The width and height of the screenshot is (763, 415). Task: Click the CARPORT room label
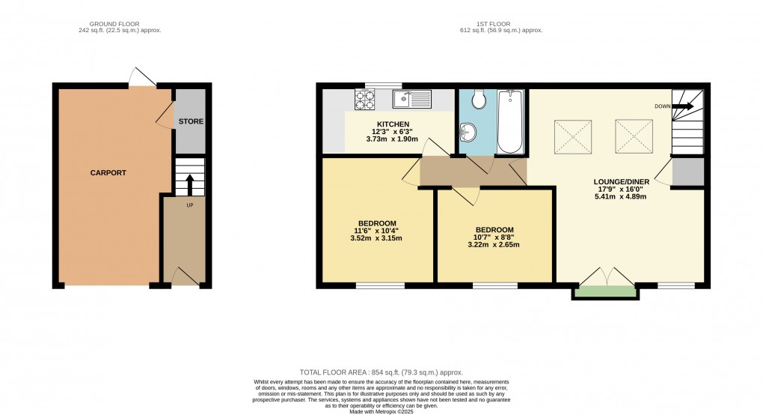(108, 173)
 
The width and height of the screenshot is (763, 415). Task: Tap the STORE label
(191, 121)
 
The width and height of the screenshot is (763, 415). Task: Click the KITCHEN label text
(393, 124)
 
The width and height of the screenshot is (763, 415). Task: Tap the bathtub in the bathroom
(512, 120)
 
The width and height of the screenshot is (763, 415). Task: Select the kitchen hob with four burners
(367, 97)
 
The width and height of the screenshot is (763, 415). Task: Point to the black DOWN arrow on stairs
(682, 106)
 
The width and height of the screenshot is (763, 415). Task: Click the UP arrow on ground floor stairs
(189, 182)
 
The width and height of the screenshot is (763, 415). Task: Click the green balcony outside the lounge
(606, 292)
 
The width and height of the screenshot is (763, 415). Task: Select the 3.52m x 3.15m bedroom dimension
(376, 239)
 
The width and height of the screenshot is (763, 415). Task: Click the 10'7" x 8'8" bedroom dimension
(494, 237)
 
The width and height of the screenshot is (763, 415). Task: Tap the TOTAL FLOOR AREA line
(381, 372)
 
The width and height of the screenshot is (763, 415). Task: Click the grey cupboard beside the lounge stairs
(687, 172)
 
